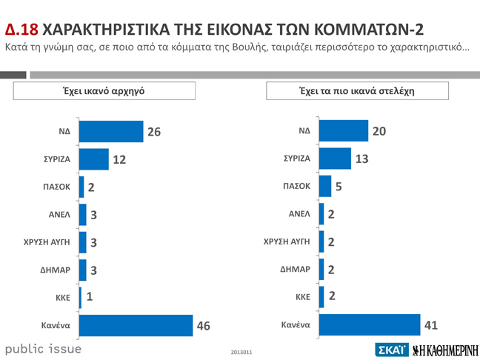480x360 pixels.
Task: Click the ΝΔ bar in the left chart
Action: point(110,132)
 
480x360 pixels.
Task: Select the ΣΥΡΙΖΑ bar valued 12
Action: point(93,159)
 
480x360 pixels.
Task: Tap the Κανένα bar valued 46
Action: point(136,324)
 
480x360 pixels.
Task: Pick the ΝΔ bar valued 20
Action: point(343,131)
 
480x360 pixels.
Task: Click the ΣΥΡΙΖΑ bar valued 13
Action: point(335,159)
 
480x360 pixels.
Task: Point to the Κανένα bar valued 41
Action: point(369,324)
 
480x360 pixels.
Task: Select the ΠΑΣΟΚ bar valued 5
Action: point(324,186)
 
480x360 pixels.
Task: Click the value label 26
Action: point(154,132)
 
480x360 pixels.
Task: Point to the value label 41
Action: point(430,324)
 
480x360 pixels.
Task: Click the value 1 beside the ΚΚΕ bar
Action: point(90,297)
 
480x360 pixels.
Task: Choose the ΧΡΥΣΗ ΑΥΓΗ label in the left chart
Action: point(47,241)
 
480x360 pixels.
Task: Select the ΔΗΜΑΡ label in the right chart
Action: point(295,270)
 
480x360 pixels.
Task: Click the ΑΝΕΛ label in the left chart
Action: point(59,214)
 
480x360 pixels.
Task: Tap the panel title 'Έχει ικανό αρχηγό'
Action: point(104,90)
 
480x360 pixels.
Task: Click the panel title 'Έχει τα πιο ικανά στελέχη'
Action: point(357,90)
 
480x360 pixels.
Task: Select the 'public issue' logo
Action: point(43,348)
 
